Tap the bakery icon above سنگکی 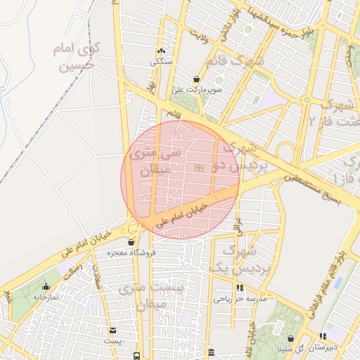(161, 51)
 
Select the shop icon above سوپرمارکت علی (198, 79)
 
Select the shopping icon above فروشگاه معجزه (131, 242)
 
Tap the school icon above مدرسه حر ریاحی (240, 288)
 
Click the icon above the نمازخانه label (46, 287)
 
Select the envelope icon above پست (112, 330)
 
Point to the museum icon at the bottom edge (211, 352)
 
